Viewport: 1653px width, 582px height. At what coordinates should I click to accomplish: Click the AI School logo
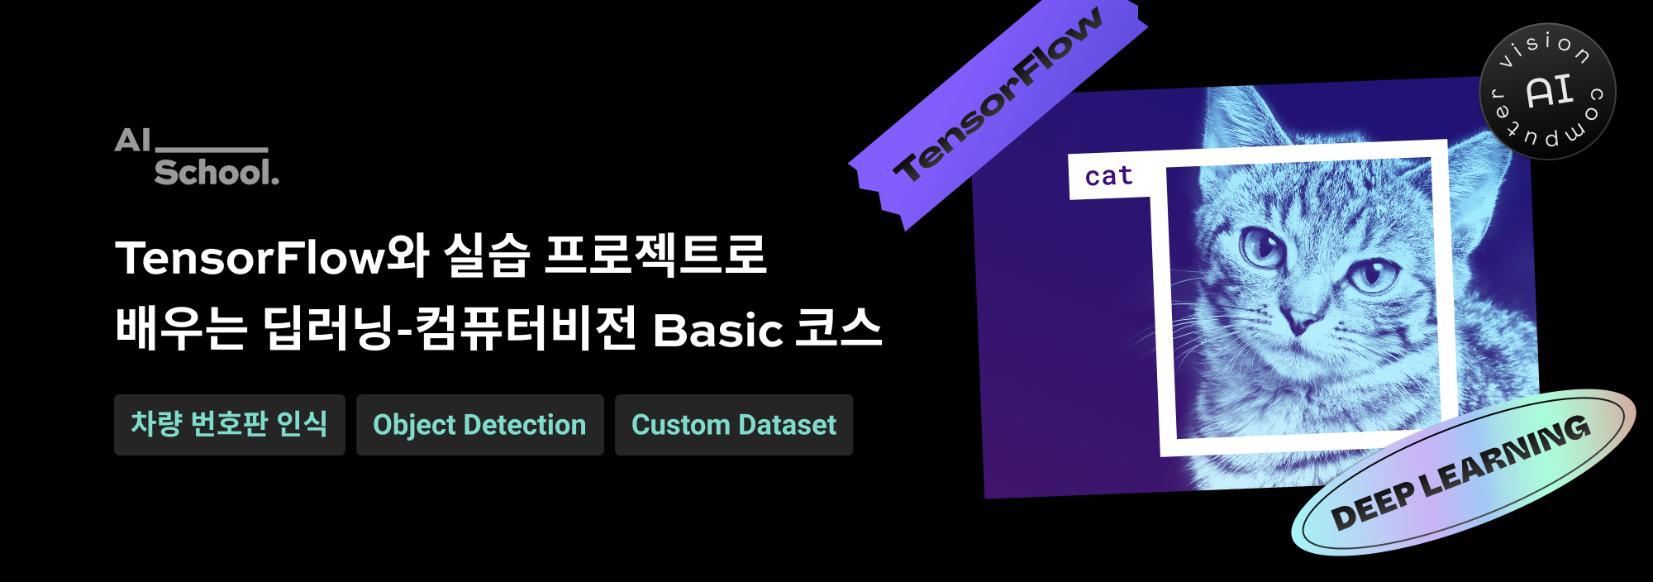[x=197, y=155]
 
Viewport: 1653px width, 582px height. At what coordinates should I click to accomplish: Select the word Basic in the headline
[x=717, y=330]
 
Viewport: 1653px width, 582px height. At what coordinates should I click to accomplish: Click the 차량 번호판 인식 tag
[x=230, y=425]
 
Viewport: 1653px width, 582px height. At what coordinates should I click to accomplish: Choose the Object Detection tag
[x=480, y=425]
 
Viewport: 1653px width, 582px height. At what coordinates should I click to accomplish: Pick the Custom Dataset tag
[x=734, y=425]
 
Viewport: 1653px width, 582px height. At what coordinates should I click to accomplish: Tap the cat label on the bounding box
[x=1108, y=176]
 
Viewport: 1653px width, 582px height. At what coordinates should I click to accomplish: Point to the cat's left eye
[x=1262, y=246]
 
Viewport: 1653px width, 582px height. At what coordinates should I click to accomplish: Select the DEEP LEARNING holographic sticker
[x=1464, y=472]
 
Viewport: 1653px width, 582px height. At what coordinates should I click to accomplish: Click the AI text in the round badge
[x=1548, y=91]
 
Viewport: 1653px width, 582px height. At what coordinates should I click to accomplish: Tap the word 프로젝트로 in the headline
[x=655, y=255]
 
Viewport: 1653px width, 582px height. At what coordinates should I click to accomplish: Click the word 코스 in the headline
[x=838, y=327]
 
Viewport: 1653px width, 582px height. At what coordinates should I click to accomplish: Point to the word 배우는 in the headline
[x=181, y=327]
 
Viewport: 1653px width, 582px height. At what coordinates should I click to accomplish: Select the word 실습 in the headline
[x=487, y=255]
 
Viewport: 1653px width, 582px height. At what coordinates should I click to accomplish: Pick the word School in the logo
[x=217, y=172]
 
